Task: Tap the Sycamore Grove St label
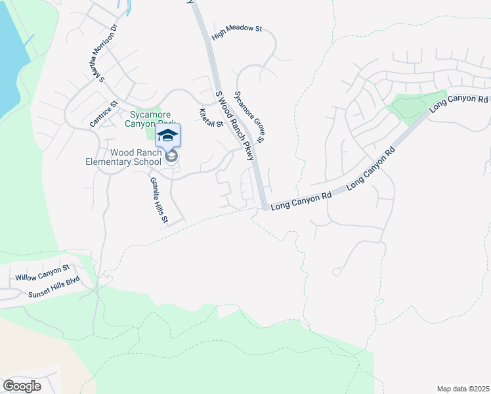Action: click(249, 117)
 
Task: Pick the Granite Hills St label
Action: click(159, 200)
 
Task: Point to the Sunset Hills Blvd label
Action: click(53, 287)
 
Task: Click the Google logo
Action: click(22, 385)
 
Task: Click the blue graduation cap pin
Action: click(167, 135)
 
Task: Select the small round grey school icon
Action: click(171, 156)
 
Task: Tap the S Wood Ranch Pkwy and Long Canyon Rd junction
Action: click(264, 207)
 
